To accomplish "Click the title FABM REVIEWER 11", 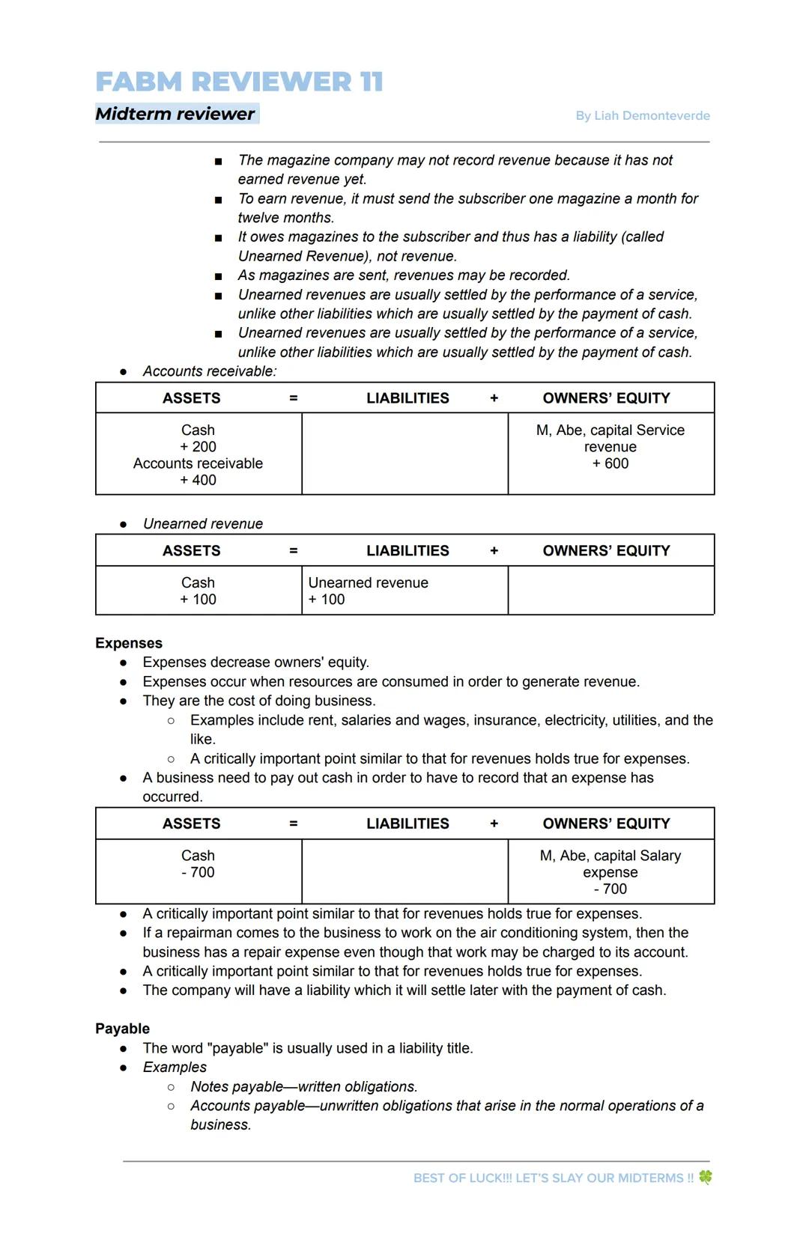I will point(239,82).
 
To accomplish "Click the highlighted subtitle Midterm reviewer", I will point(175,114).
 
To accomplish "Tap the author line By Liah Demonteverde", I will point(642,115).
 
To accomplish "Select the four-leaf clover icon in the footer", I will point(705,1177).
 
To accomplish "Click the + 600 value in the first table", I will point(610,463).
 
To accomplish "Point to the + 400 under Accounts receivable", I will point(198,480).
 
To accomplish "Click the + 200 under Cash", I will point(198,447).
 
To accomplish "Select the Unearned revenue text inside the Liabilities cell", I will point(368,582).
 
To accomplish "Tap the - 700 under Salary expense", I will point(610,889).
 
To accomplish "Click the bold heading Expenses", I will point(129,643).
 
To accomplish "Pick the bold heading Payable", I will point(122,1029).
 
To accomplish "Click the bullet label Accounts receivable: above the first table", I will point(210,371).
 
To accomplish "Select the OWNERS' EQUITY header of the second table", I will point(606,551).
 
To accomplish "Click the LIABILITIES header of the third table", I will point(407,824).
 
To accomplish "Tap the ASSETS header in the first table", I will point(192,398).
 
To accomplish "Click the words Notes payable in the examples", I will point(237,1086).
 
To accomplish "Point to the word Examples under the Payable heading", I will point(175,1067).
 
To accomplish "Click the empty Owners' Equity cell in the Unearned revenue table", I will point(610,591).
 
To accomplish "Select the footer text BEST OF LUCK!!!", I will point(462,1178).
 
